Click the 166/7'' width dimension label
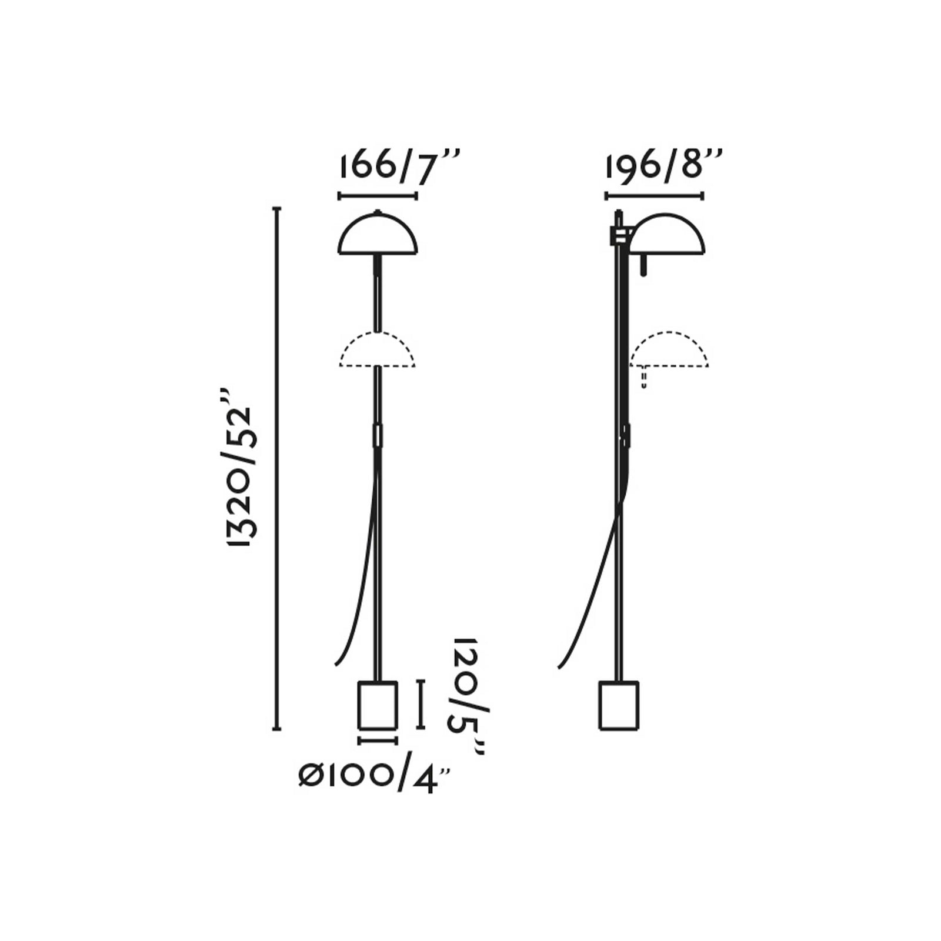coord(399,166)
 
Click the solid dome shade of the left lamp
coord(378,235)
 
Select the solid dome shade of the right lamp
coord(668,235)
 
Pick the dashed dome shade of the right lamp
coord(669,350)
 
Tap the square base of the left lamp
coord(378,705)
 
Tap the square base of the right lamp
coord(619,705)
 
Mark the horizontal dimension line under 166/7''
coord(378,196)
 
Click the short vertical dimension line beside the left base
coord(420,705)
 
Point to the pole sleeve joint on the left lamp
coord(378,435)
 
